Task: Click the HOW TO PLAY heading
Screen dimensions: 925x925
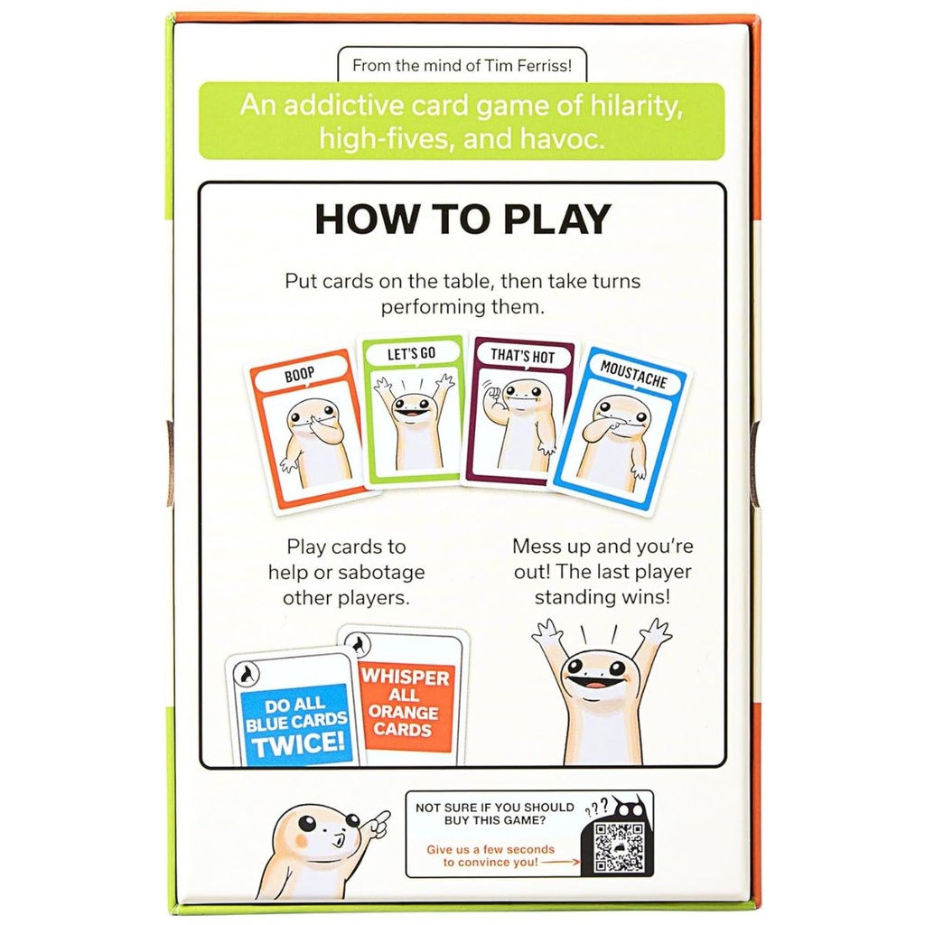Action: (x=462, y=220)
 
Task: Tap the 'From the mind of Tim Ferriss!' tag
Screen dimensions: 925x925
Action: (x=462, y=65)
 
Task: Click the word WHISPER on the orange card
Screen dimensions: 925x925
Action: (x=405, y=676)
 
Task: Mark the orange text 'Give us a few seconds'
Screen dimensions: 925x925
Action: (x=491, y=849)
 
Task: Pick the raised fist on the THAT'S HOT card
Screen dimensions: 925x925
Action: (x=490, y=397)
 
